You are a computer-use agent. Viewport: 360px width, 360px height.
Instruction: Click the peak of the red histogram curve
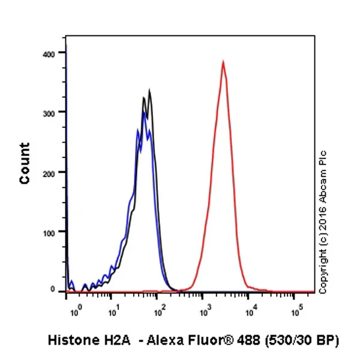pos(223,62)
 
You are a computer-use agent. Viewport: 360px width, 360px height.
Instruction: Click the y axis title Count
pos(25,163)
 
